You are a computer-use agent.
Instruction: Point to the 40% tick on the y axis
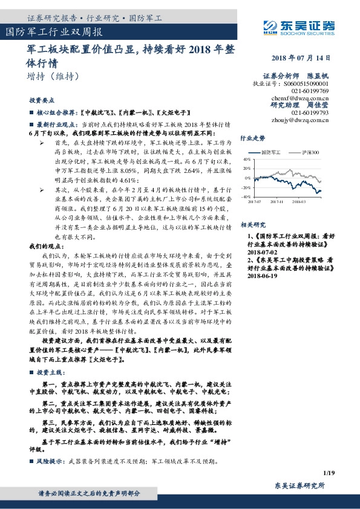tap(246, 160)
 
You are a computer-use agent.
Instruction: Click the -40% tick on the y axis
tap(245, 197)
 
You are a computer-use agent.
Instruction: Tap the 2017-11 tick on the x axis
tap(277, 202)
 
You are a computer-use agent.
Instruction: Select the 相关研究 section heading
tap(253, 224)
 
